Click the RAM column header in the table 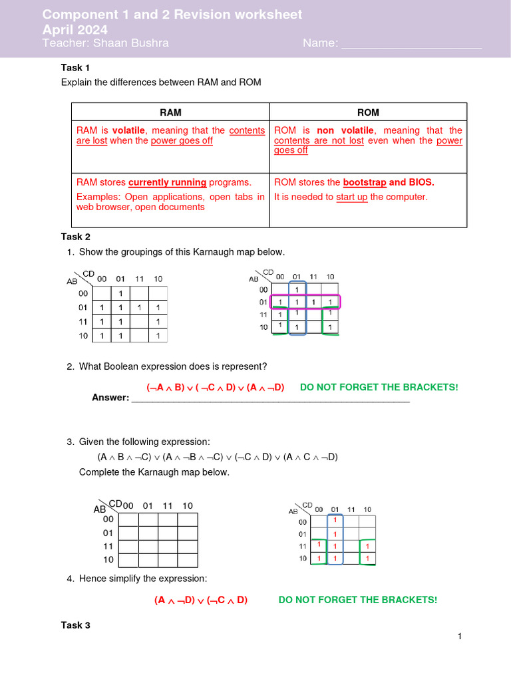(x=170, y=112)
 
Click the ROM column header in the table (x=368, y=112)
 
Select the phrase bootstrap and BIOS (x=389, y=182)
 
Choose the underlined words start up (x=351, y=197)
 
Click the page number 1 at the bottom (x=459, y=637)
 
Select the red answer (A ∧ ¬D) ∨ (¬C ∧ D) (x=201, y=600)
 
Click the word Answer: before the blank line (x=110, y=398)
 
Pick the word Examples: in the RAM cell (x=98, y=197)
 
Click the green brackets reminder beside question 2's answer (x=379, y=387)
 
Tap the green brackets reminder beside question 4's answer (x=358, y=600)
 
